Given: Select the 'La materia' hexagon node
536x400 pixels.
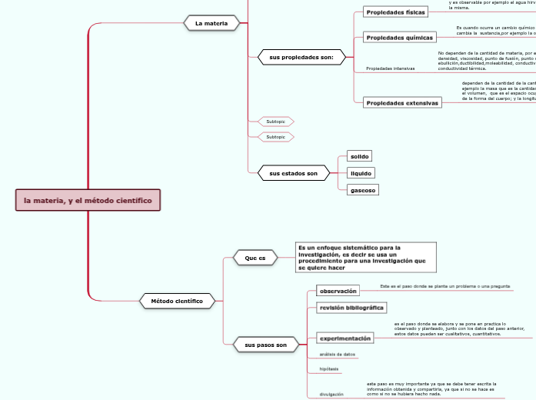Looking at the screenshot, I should tap(211, 23).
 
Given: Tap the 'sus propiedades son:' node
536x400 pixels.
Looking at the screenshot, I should tap(296, 57).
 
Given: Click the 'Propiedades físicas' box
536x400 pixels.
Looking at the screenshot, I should tap(395, 12).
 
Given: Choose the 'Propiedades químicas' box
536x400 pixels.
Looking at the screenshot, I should tap(397, 37).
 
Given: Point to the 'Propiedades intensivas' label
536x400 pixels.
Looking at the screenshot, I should tap(390, 68).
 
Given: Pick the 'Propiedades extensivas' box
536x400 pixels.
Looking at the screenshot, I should tap(402, 102).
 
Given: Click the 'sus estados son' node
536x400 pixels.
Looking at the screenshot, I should tap(293, 174).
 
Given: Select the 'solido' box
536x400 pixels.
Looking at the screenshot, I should tap(359, 156).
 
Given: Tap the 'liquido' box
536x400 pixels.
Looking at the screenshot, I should tap(361, 173).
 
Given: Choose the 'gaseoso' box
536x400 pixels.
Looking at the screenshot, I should tap(362, 189).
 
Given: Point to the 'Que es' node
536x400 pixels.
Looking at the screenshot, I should tap(255, 258).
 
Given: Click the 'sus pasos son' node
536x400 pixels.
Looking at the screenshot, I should tap(265, 345).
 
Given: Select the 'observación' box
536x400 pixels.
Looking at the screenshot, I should tap(338, 291).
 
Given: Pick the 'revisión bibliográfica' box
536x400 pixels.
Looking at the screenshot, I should tap(351, 308).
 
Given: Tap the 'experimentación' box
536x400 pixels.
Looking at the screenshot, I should tap(345, 338).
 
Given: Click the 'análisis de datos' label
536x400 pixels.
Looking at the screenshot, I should tap(337, 355).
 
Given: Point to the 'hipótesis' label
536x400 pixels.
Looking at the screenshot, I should tap(329, 369).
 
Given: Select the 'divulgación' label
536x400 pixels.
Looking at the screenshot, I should tap(332, 394).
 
